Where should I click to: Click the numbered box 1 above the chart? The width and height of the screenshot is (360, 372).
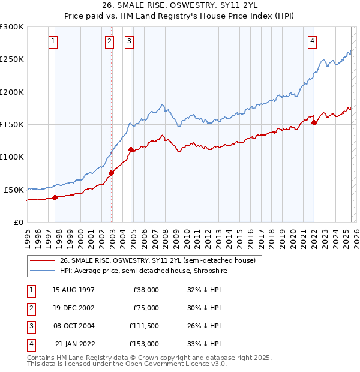coord(54,41)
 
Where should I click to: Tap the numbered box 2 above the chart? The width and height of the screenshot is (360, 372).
coord(109,41)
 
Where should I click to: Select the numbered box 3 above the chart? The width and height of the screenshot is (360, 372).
coord(130,41)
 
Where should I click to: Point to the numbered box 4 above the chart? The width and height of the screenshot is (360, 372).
coord(313,41)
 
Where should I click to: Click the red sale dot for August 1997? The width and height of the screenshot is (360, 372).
coord(55,197)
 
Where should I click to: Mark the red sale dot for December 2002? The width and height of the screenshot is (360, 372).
coord(111,173)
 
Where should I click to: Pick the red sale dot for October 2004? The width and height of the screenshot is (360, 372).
coord(131,149)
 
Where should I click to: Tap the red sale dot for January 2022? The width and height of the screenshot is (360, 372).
coord(314,122)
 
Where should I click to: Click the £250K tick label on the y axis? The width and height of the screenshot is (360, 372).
coord(13,59)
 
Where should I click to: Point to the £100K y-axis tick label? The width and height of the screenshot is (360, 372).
coord(13,157)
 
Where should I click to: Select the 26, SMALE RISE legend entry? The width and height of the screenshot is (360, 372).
coord(157,260)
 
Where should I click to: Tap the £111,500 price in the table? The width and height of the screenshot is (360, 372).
coord(145,326)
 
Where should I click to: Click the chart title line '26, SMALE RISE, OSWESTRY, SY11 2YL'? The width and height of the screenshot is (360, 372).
coord(179,8)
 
